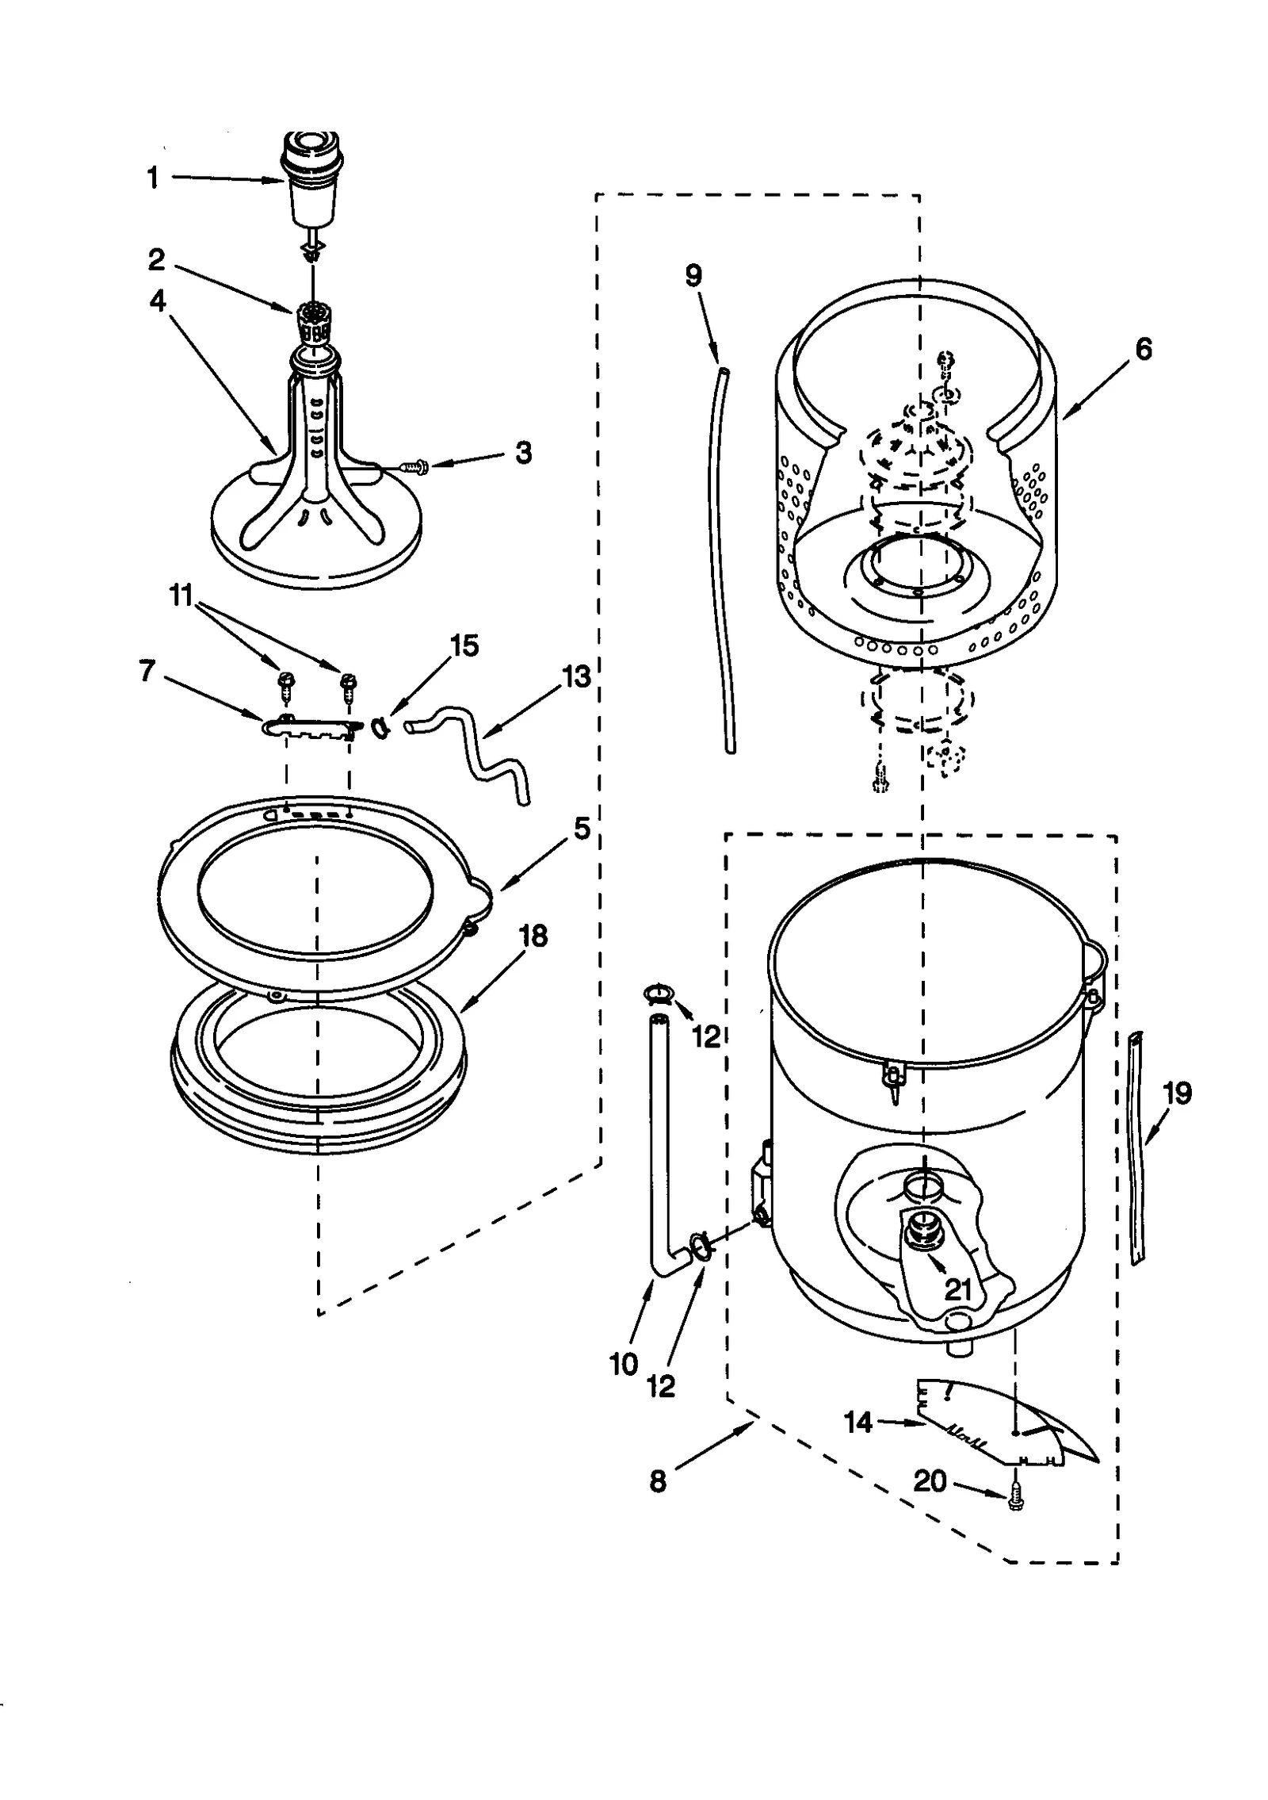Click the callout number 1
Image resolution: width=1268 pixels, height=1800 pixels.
(153, 178)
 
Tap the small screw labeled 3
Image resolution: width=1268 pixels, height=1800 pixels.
(414, 468)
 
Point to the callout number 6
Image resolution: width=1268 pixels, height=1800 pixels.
(1144, 349)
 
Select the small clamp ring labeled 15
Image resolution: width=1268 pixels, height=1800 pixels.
(380, 726)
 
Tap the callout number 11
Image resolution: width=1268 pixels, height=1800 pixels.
(182, 595)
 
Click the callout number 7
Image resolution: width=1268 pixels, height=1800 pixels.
(147, 672)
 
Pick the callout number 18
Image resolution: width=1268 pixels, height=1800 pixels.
(533, 936)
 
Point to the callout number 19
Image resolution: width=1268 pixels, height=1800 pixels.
(1177, 1093)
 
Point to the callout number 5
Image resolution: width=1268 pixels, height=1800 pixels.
(582, 829)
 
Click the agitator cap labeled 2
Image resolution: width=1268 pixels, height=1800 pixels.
(315, 321)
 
